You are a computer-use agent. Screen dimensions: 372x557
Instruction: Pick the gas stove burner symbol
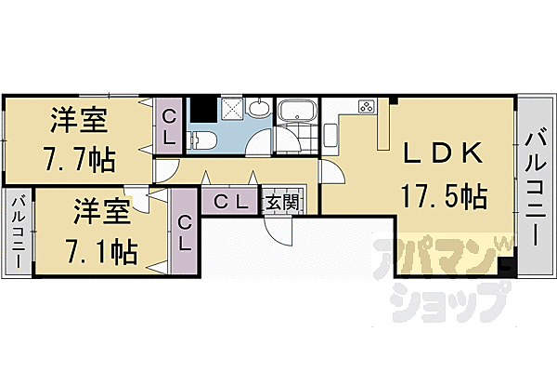pos(364,105)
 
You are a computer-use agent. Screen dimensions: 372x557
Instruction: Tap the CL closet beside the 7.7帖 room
pos(169,126)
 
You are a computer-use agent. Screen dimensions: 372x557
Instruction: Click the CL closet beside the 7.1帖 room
pos(184,232)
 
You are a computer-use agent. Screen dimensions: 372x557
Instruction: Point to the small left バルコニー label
pos(19,232)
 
